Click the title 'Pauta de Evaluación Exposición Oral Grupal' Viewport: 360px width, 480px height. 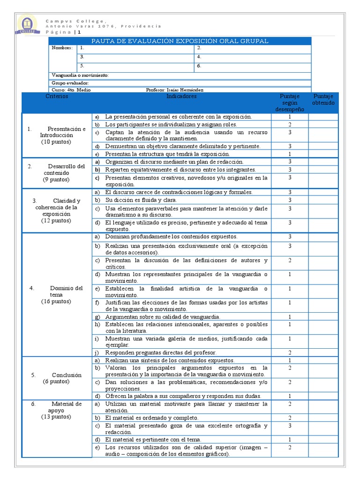coord(180,41)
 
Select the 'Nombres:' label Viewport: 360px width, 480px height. coord(62,48)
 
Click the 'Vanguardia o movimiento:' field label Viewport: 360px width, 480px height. coord(80,75)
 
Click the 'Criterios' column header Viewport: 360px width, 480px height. coord(57,97)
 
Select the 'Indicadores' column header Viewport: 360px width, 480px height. coord(181,97)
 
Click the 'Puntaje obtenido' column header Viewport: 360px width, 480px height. coord(323,99)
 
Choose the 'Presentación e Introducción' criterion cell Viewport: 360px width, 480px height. coord(57,135)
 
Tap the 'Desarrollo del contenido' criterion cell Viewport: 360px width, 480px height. coord(57,172)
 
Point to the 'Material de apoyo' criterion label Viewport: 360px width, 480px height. coord(57,410)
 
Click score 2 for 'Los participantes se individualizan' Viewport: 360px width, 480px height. coord(290,125)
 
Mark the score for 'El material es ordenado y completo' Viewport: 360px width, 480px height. coord(290,418)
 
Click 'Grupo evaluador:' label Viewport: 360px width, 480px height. coord(70,83)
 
